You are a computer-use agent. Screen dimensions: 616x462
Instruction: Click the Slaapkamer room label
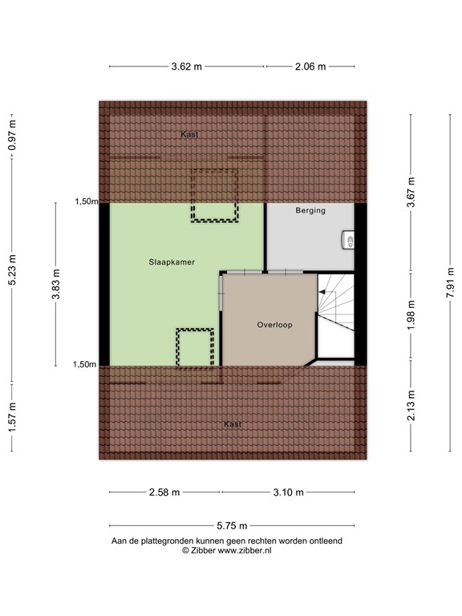tap(171, 262)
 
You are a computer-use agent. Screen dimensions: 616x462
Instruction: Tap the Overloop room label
tap(274, 325)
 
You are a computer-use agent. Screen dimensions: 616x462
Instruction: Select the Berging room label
tap(310, 211)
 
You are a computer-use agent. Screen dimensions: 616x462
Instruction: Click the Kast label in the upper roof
tap(189, 135)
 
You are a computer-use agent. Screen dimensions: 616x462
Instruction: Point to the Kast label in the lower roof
tap(233, 423)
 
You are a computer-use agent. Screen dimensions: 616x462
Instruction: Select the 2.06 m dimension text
tap(310, 67)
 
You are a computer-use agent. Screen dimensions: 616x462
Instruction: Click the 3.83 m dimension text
tap(55, 282)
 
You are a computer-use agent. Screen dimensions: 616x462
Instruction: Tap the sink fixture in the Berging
tap(348, 239)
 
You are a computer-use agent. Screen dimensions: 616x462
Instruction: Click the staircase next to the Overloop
tap(335, 314)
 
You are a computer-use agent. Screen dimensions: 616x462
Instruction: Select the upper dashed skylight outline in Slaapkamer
tap(214, 194)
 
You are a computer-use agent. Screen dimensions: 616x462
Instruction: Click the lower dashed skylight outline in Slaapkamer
tap(196, 346)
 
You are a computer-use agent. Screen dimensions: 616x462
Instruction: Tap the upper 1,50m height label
tap(86, 202)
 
